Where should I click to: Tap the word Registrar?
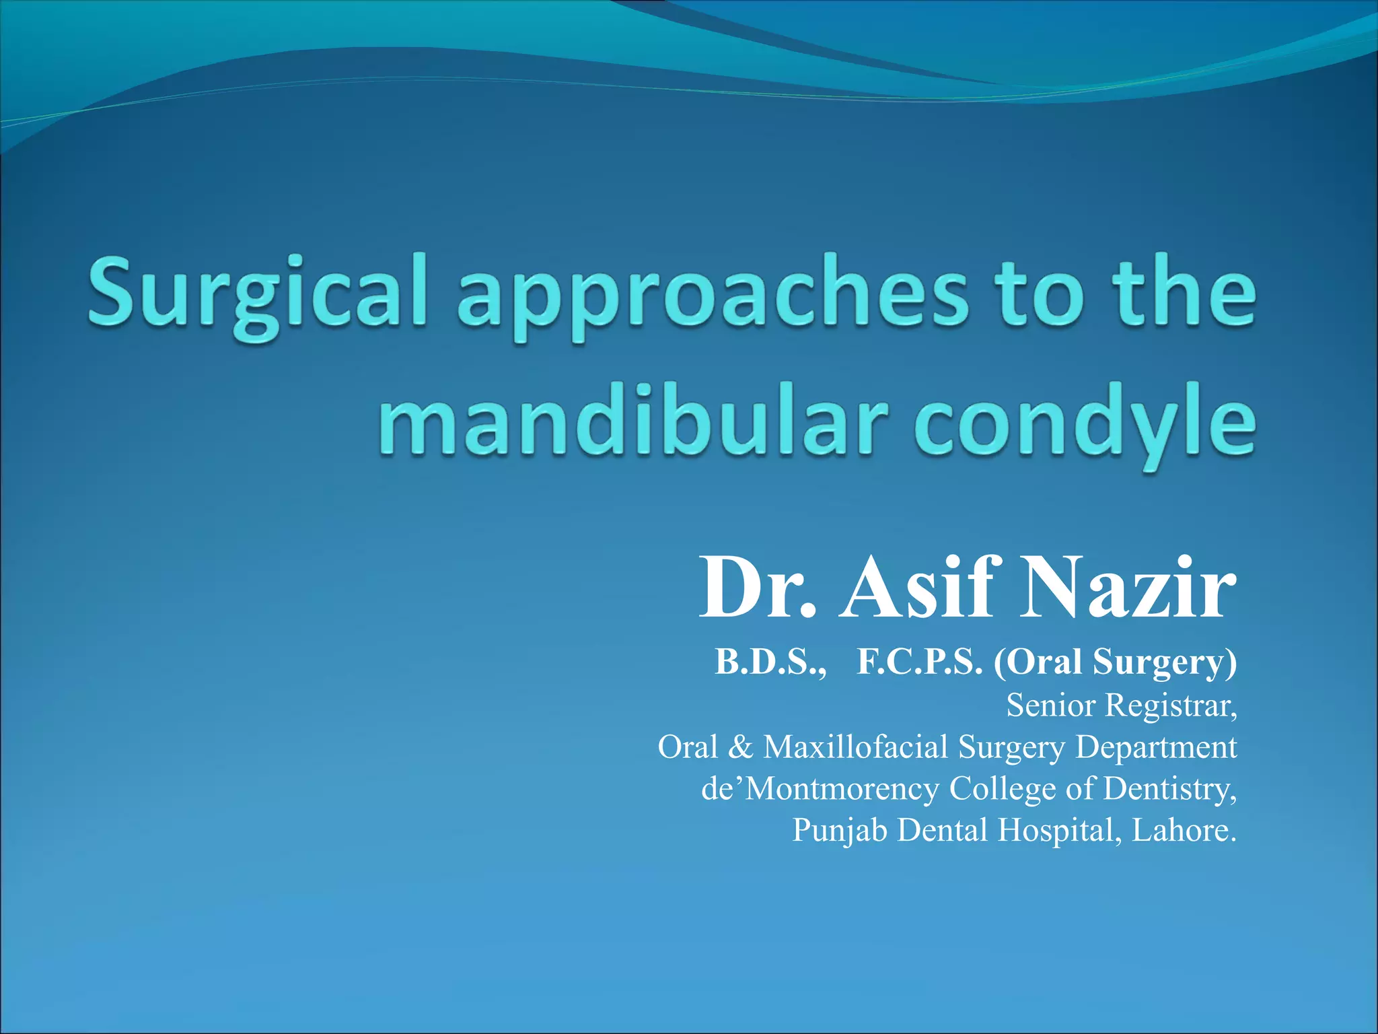click(1171, 705)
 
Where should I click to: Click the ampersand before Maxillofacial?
click(740, 747)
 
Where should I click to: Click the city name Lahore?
click(1184, 830)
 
